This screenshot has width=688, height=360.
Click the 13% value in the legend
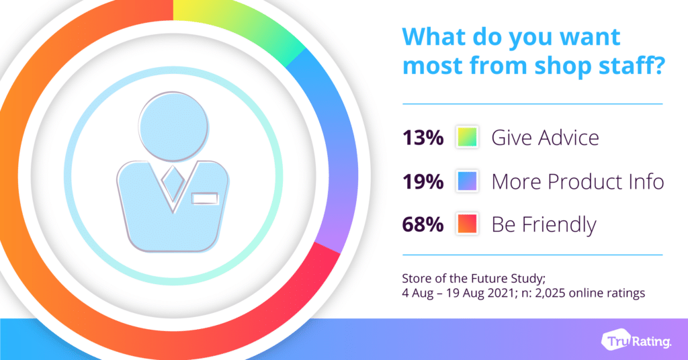click(423, 138)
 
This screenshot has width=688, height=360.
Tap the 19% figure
click(423, 181)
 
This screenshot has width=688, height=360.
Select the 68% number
click(423, 224)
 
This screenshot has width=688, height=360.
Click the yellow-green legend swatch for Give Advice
click(467, 137)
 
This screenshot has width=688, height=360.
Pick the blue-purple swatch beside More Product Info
click(467, 181)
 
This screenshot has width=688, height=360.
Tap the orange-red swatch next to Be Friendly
click(467, 224)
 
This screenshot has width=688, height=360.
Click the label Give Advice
click(545, 138)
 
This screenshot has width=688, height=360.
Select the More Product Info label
click(577, 181)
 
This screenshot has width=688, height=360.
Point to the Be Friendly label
click(544, 225)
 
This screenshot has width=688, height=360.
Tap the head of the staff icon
click(173, 126)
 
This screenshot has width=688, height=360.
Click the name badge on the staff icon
click(205, 198)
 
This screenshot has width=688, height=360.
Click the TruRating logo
click(636, 341)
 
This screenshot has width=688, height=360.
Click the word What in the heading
click(435, 36)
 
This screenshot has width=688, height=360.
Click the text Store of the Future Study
click(474, 279)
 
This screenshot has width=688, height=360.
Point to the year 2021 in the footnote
click(500, 292)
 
